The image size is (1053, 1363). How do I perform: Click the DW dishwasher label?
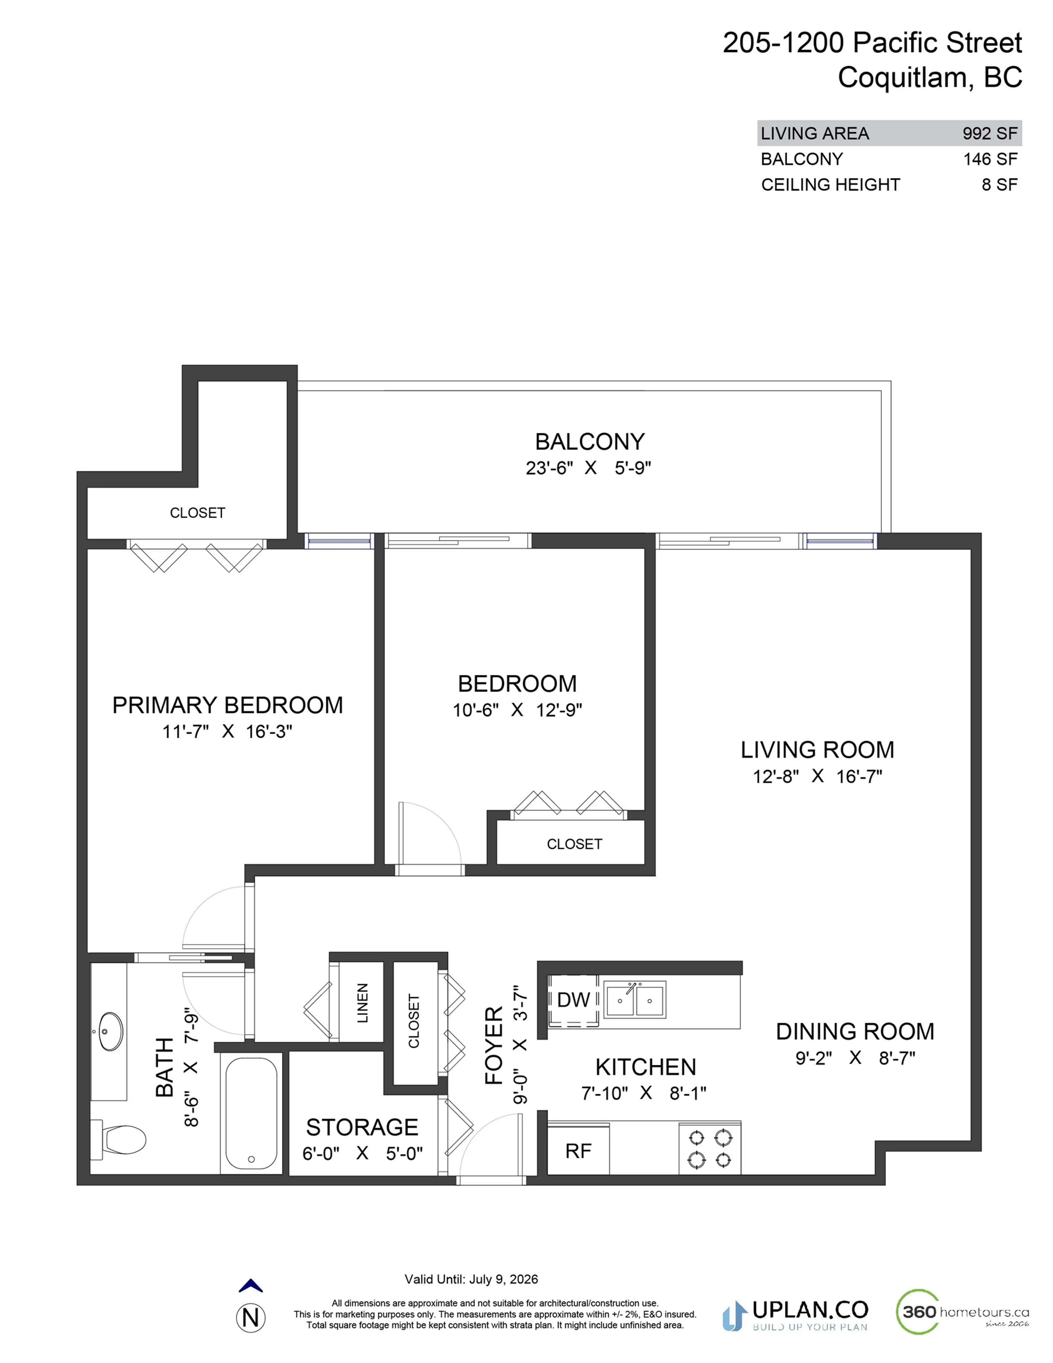tap(573, 1000)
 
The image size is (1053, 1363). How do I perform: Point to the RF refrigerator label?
tap(578, 1151)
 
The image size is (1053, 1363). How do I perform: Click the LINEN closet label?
tap(362, 1003)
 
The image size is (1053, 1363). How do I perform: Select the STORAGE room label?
tap(362, 1127)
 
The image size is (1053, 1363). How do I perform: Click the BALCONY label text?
tap(589, 442)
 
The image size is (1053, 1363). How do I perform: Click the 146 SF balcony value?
tap(990, 159)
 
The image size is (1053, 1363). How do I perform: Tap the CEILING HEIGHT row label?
tap(830, 185)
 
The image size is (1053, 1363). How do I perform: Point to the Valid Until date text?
tap(471, 1279)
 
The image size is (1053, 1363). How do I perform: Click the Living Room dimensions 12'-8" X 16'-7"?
tap(817, 776)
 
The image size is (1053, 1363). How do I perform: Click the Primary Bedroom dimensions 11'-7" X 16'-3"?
tap(227, 731)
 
